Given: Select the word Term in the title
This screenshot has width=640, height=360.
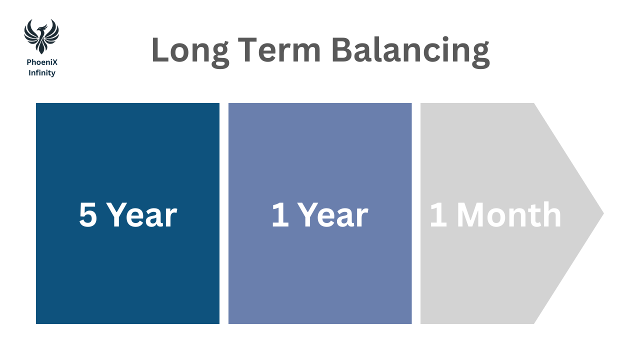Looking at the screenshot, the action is [279, 49].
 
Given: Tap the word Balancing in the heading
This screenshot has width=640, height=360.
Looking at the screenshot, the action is [410, 51].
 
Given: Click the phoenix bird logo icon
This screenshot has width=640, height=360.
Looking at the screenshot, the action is [41, 36].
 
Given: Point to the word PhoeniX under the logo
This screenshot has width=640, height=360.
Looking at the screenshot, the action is [42, 62].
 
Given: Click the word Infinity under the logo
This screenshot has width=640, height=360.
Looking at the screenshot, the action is [42, 73].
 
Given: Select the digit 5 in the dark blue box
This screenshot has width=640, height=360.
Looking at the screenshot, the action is [88, 215].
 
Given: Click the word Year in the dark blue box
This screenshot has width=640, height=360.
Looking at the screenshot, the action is [142, 215].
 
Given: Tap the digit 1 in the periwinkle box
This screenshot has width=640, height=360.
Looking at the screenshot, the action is [280, 215].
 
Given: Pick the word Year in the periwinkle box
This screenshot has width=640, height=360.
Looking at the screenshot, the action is [333, 215].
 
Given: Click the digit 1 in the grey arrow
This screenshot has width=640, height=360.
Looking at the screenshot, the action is [438, 214].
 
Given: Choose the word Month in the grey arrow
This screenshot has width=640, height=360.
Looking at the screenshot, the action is [509, 214].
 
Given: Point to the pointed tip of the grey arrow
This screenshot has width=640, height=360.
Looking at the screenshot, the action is [603, 213].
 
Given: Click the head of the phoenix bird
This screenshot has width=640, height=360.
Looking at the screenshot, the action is [43, 28].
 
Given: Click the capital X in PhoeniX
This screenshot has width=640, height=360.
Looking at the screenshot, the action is [55, 62].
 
